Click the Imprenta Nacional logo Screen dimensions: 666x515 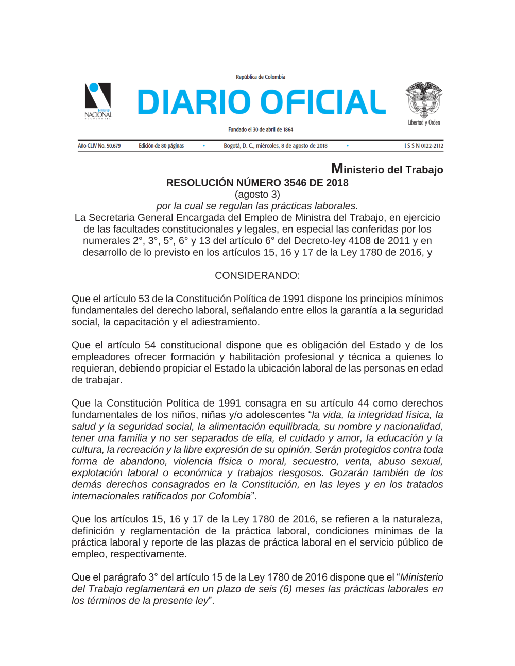(98, 100)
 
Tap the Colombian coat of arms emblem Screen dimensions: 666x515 (423, 100)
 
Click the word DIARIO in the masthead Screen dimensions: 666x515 (194, 102)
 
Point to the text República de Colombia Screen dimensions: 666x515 (261, 77)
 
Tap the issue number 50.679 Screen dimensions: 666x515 (113, 146)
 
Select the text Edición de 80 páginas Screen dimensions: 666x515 (161, 146)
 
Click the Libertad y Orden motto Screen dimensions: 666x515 (424, 123)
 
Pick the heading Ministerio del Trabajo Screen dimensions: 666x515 (387, 169)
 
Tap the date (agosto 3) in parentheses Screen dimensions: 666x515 (257, 195)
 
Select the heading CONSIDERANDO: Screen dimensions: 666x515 (257, 276)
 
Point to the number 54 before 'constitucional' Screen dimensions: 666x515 (150, 345)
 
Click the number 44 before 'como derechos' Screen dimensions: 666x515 (364, 404)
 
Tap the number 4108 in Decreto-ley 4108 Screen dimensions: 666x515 (359, 241)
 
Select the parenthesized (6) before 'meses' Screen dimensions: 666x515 (286, 589)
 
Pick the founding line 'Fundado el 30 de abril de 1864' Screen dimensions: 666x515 (261, 130)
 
